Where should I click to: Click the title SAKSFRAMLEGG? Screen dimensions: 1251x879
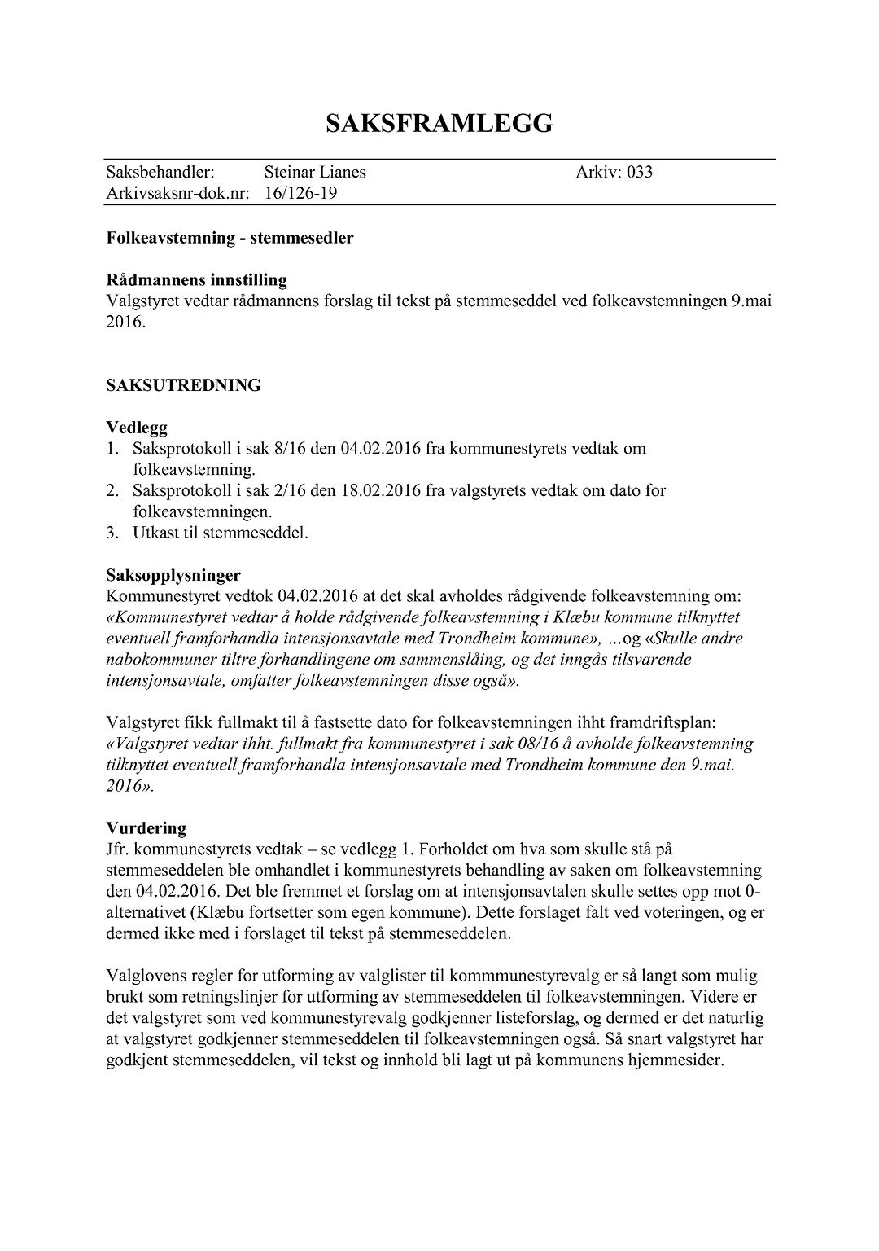point(439,124)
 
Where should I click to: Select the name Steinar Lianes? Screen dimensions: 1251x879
point(315,172)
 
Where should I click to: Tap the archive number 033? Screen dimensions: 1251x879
point(639,172)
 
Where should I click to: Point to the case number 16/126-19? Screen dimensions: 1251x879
point(300,194)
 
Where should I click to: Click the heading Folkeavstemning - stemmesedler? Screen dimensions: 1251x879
point(230,239)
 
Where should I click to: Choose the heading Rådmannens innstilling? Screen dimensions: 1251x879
point(196,280)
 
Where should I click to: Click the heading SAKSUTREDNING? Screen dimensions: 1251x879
point(184,385)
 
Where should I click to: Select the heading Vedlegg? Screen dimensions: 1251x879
point(137,428)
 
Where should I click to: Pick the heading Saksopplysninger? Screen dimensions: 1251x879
point(173,576)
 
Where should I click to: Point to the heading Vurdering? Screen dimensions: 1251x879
point(146,828)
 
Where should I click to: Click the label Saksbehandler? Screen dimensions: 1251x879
point(160,172)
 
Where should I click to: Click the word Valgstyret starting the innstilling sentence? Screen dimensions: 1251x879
point(139,301)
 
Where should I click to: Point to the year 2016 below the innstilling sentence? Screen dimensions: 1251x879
point(124,322)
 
